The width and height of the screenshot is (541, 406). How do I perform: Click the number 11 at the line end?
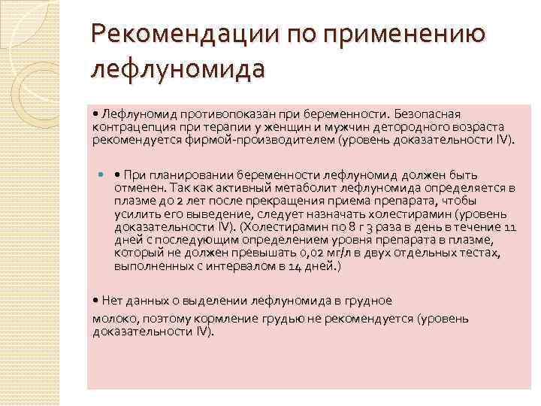509,228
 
